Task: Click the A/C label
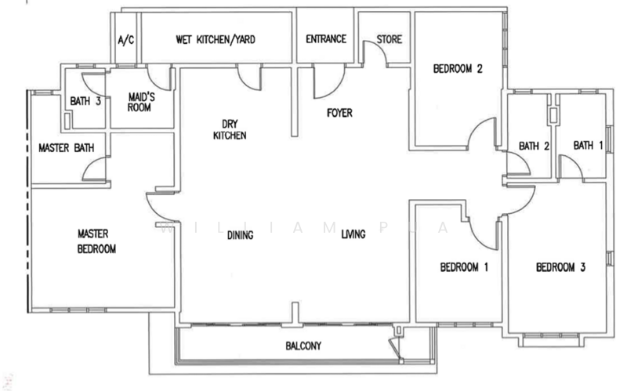[126, 40]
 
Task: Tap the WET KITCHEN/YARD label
[216, 40]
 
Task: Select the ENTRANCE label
[326, 38]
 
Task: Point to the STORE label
[389, 39]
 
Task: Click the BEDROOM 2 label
[458, 69]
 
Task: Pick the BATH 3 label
[85, 101]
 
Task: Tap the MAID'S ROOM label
[140, 103]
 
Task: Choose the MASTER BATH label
[67, 148]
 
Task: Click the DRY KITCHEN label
[230, 129]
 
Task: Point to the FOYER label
[339, 113]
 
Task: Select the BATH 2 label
[534, 146]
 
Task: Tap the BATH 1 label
[589, 145]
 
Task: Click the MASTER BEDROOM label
[96, 241]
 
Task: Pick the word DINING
[241, 235]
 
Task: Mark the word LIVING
[353, 234]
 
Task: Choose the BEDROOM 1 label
[464, 266]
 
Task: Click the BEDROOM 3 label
[560, 267]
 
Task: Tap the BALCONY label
[303, 346]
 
